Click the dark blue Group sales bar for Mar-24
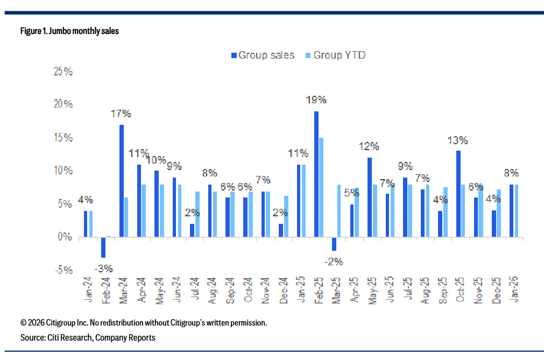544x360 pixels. pyautogui.click(x=122, y=181)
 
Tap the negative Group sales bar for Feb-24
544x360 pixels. pyautogui.click(x=103, y=247)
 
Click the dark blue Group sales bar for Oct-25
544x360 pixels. pyautogui.click(x=458, y=194)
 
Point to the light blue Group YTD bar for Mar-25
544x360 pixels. pyautogui.click(x=339, y=210)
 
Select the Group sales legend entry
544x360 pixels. pyautogui.click(x=263, y=55)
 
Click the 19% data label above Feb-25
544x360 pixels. pyautogui.click(x=316, y=100)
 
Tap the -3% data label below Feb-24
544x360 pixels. pyautogui.click(x=103, y=268)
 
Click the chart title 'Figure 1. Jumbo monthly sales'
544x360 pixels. pyautogui.click(x=69, y=31)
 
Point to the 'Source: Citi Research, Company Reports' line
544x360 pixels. pyautogui.click(x=88, y=337)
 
